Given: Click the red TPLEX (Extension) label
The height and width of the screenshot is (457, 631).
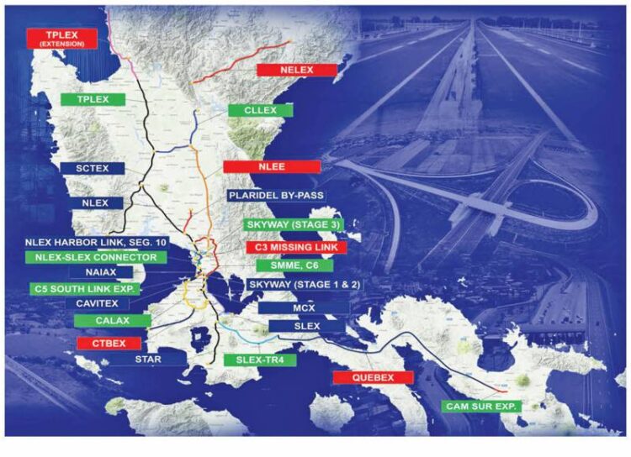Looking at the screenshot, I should pyautogui.click(x=62, y=39).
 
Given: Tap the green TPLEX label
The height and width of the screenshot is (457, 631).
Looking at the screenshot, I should pyautogui.click(x=93, y=99).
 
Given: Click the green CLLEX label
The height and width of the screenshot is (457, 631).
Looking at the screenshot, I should pyautogui.click(x=260, y=111).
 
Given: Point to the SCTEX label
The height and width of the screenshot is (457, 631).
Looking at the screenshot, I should pyautogui.click(x=93, y=167).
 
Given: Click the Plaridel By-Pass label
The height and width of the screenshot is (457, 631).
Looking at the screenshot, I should pyautogui.click(x=275, y=196).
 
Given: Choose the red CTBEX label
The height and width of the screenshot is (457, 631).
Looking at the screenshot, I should pyautogui.click(x=108, y=344).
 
